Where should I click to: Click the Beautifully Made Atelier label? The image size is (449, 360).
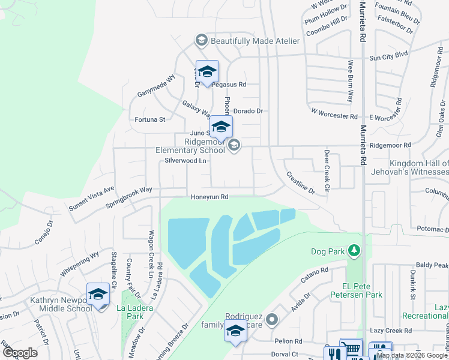[x=255, y=40]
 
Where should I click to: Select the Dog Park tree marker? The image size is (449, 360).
[x=355, y=249]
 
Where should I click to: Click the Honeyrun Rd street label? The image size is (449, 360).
[x=209, y=197]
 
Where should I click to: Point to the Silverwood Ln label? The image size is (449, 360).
[x=181, y=161]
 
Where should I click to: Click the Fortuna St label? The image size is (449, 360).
[x=149, y=119]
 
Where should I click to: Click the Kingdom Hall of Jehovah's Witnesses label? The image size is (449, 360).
[x=410, y=168]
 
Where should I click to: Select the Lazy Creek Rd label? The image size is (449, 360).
[x=391, y=331]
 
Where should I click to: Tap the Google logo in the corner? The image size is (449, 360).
[x=20, y=353]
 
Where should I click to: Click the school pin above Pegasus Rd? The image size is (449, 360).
[x=207, y=72]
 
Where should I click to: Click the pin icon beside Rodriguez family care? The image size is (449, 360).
[x=273, y=319]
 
